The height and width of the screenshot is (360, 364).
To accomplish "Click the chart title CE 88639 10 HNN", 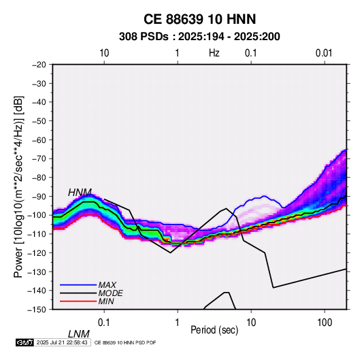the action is (199, 19).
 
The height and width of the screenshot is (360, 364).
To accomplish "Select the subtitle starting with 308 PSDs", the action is (199, 37).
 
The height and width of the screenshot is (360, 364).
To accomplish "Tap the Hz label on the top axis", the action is (214, 53).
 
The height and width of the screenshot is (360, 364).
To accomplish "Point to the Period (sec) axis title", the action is (214, 330).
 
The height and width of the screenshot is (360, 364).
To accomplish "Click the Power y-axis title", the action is (18, 187).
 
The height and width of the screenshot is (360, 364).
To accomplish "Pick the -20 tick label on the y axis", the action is (39, 65).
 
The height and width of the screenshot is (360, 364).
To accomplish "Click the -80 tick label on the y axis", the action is (39, 178).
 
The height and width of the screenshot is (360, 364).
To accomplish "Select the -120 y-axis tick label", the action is (37, 253).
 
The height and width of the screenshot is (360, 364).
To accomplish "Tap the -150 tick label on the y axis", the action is (37, 310).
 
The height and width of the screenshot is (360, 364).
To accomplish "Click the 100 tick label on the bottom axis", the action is (325, 323).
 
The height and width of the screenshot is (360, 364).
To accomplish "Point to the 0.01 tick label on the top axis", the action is (324, 53).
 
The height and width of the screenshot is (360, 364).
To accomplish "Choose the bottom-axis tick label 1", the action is (177, 323).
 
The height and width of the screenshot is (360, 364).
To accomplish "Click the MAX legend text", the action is (107, 285).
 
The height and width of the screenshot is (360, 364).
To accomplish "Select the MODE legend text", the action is (110, 293).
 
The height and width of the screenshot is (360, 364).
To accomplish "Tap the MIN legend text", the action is (106, 301).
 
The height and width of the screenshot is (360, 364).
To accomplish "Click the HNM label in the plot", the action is (80, 193).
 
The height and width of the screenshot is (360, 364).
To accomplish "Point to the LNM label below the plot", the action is (79, 334).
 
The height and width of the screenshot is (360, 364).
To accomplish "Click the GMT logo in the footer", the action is (25, 342).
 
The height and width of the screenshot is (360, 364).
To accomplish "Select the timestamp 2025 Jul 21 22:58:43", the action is (62, 342).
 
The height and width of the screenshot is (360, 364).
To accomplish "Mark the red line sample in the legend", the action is (78, 301).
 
